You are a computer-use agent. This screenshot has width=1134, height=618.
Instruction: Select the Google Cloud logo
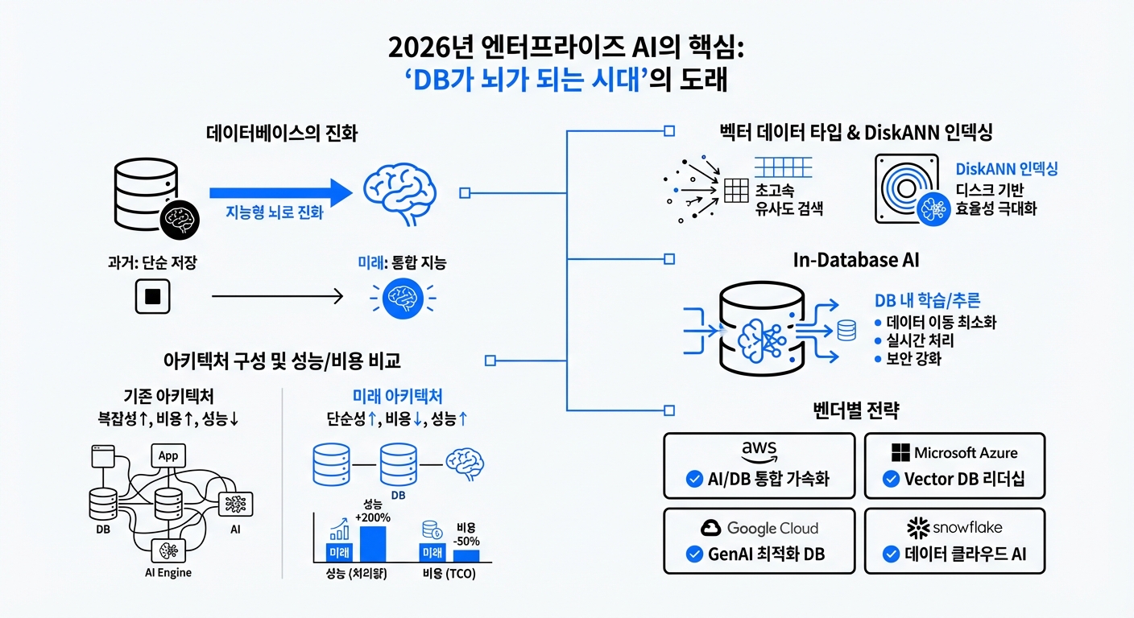(759, 528)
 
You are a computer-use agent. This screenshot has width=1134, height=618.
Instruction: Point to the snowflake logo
(954, 528)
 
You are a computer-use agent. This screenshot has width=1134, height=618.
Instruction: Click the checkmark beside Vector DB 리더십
(890, 480)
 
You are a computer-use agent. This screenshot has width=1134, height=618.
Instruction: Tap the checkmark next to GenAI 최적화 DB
(693, 554)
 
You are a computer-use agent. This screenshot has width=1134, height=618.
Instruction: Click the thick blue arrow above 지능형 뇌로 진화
(281, 193)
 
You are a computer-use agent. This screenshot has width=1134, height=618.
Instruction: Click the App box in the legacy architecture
(168, 455)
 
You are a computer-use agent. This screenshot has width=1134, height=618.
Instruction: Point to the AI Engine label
(169, 573)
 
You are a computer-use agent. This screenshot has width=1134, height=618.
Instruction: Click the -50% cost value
(467, 534)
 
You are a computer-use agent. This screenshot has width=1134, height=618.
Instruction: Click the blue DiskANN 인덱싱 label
(1006, 170)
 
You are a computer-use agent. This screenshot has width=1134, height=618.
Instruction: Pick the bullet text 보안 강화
(912, 359)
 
